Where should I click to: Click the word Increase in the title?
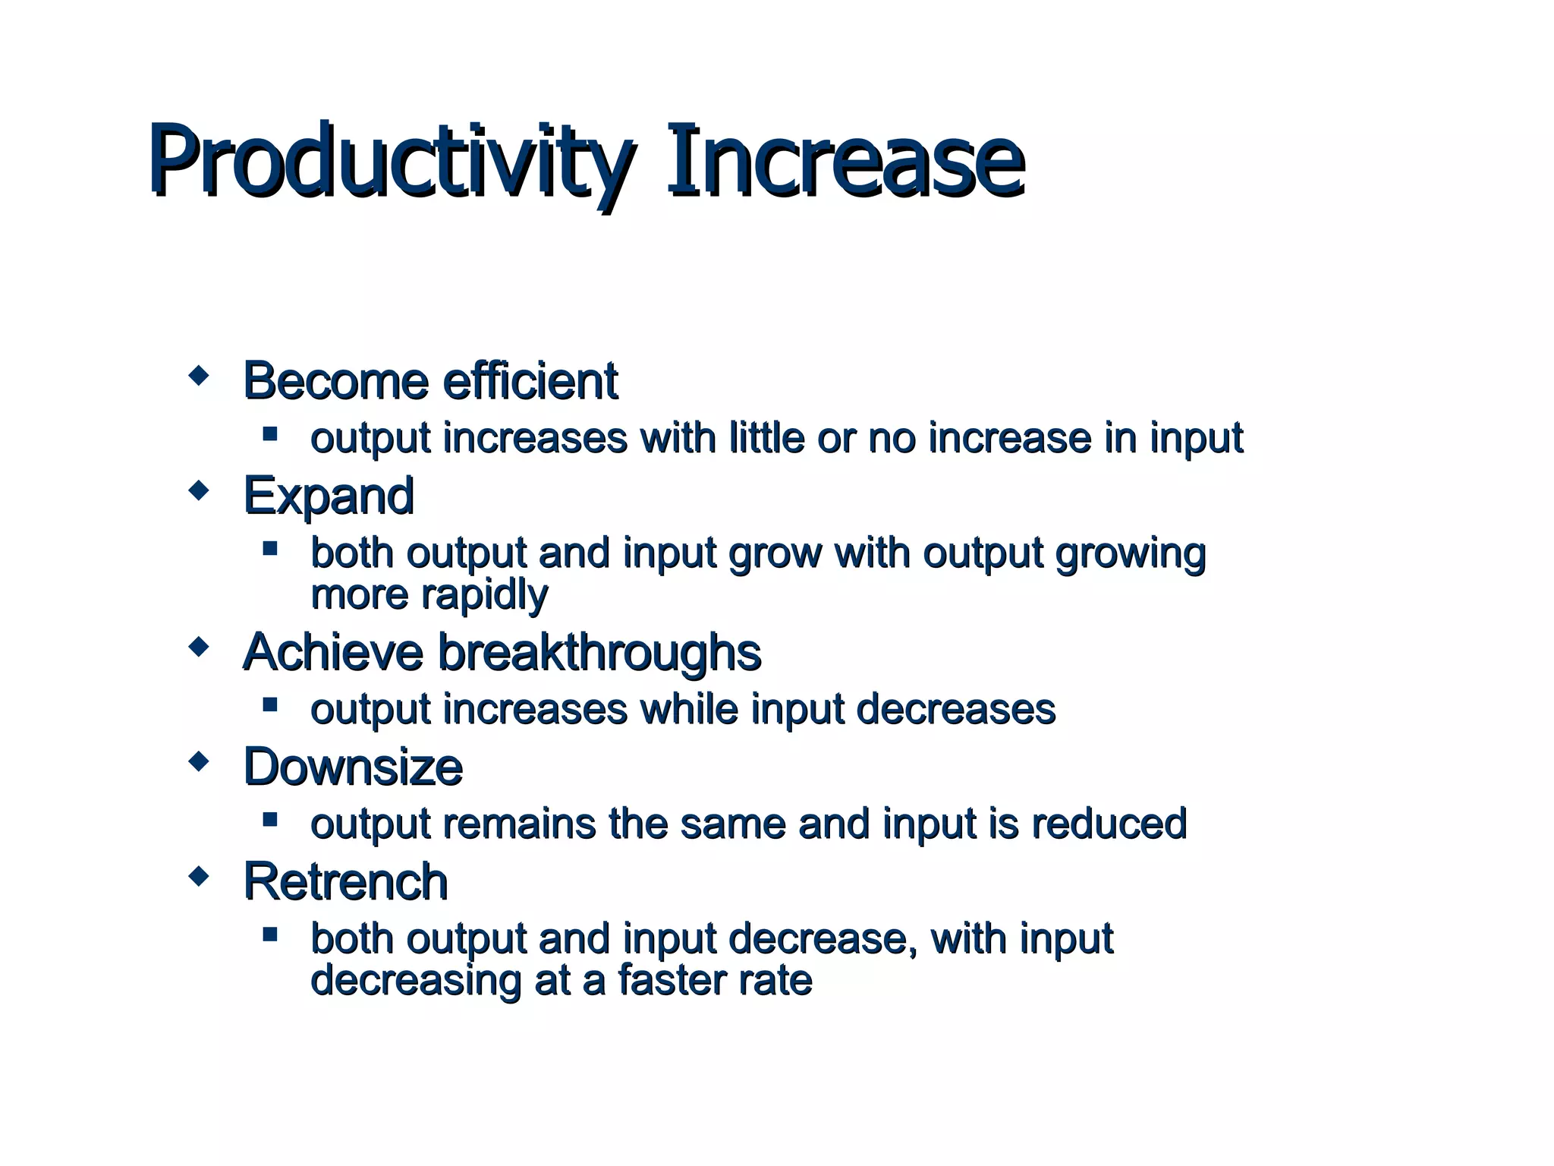(x=845, y=161)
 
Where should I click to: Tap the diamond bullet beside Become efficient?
(x=199, y=376)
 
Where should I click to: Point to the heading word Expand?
(x=329, y=496)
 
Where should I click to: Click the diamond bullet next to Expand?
(x=199, y=491)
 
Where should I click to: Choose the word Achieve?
(x=332, y=652)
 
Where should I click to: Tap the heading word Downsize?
(x=353, y=767)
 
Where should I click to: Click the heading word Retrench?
(x=345, y=881)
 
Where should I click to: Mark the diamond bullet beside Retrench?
(x=199, y=877)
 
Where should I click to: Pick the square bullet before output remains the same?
(x=270, y=819)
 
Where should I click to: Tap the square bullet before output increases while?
(x=270, y=704)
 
